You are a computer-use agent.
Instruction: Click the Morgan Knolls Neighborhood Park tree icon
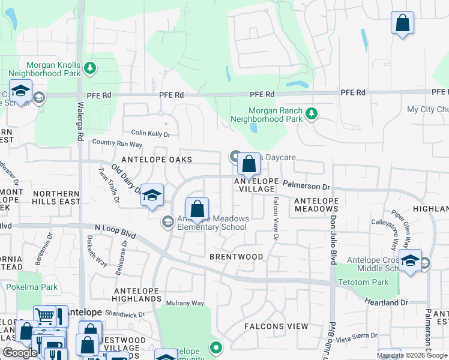pyautogui.click(x=90, y=68)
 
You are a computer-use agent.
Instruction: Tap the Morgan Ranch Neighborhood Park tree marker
pyautogui.click(x=311, y=113)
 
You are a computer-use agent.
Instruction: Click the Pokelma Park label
pyautogui.click(x=32, y=287)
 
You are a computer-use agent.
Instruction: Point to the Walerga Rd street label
pyautogui.click(x=80, y=121)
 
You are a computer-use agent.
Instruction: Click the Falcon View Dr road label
pyautogui.click(x=276, y=218)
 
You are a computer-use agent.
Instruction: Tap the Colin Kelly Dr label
pyautogui.click(x=151, y=134)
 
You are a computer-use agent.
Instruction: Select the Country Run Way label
pyautogui.click(x=117, y=144)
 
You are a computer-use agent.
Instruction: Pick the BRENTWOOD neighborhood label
pyautogui.click(x=236, y=257)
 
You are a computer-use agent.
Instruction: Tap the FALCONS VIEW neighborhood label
pyautogui.click(x=276, y=326)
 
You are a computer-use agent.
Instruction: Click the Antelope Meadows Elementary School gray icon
pyautogui.click(x=167, y=223)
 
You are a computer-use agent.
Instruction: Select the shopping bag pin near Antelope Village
pyautogui.click(x=248, y=164)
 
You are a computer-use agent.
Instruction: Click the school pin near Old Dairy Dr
pyautogui.click(x=152, y=195)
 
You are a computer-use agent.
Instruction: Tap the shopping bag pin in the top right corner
pyautogui.click(x=402, y=23)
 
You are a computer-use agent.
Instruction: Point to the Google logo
pyautogui.click(x=20, y=353)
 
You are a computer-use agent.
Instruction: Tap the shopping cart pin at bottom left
pyautogui.click(x=44, y=316)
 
